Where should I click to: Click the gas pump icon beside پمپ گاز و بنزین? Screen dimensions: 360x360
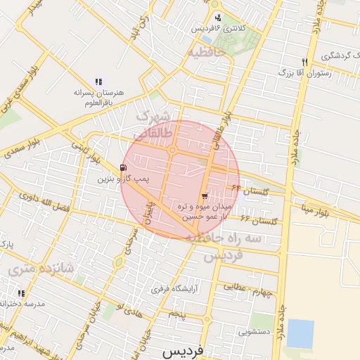click(x=124, y=167)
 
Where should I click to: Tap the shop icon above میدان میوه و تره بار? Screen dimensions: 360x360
click(x=204, y=195)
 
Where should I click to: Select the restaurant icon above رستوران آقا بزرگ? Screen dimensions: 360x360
click(x=304, y=61)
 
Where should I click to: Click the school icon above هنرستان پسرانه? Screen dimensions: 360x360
click(x=98, y=81)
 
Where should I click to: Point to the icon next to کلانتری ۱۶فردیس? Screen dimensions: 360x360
click(x=218, y=18)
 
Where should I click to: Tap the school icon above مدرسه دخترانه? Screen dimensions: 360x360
click(x=21, y=292)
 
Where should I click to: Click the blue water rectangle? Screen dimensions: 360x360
click(x=300, y=333)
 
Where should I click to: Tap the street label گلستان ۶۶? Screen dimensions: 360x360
click(x=260, y=221)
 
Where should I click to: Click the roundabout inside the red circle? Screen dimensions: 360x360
click(x=172, y=149)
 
